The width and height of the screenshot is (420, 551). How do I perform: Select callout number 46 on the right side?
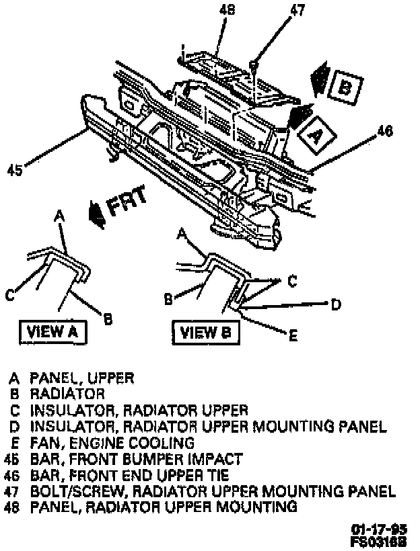pos(384,132)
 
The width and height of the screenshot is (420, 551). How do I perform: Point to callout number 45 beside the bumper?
pos(15,171)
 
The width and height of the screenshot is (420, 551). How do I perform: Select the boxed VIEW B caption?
pos(201,331)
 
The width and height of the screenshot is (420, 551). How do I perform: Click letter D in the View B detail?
pos(335,304)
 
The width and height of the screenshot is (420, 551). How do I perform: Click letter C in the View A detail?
pos(10,294)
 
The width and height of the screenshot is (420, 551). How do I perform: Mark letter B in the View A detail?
pos(107,316)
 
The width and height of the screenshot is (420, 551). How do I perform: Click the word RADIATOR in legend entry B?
pos(67,394)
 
